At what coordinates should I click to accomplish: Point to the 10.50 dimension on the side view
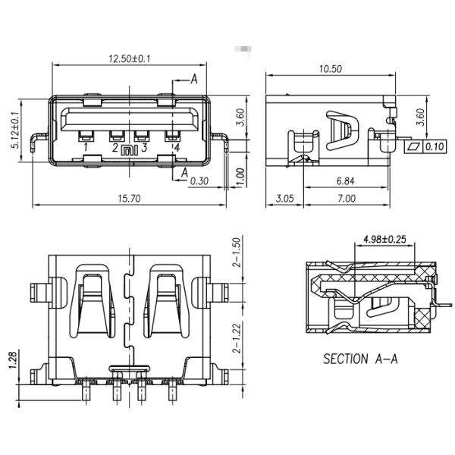click(331, 68)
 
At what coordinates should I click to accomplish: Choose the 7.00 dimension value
click(345, 199)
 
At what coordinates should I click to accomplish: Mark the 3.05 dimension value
click(284, 199)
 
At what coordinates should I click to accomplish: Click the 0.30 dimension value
click(200, 182)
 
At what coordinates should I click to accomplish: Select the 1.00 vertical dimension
click(239, 175)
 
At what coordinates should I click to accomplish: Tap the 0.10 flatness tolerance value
click(435, 146)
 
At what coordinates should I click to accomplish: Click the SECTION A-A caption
click(360, 359)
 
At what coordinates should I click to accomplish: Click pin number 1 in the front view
click(86, 147)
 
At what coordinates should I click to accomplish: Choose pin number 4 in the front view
click(176, 147)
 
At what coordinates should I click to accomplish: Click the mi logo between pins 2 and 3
click(130, 150)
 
